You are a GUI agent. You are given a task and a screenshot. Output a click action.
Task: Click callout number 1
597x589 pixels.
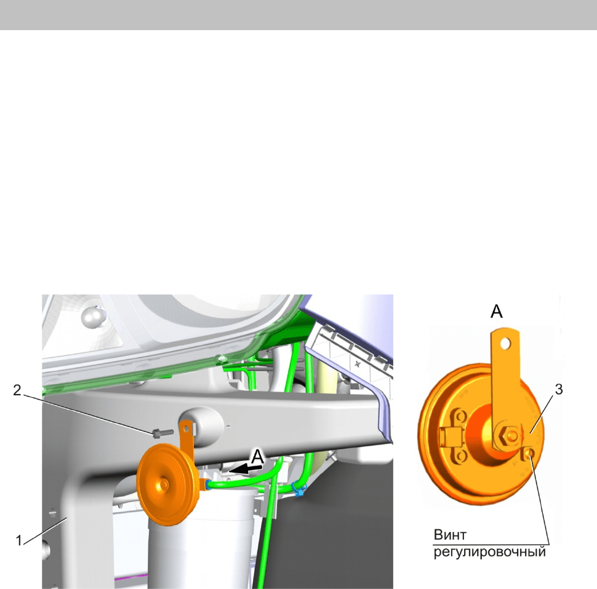(x=18, y=540)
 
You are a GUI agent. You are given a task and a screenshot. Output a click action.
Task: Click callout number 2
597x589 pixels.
(x=17, y=390)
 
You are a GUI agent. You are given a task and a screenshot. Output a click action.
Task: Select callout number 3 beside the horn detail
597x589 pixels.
(x=559, y=389)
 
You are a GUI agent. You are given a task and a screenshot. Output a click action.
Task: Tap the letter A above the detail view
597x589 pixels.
(x=497, y=312)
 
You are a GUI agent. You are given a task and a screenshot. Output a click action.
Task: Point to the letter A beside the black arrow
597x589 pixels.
(x=257, y=456)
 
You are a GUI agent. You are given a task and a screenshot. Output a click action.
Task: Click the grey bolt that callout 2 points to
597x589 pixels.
(x=162, y=433)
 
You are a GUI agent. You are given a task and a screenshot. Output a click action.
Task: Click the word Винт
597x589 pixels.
(x=450, y=535)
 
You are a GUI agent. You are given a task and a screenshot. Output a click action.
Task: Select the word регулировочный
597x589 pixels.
(x=490, y=551)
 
